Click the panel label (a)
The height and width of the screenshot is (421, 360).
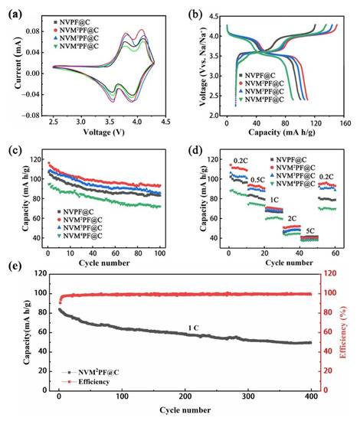tap(14, 9)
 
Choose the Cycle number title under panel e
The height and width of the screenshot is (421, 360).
tap(185, 410)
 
